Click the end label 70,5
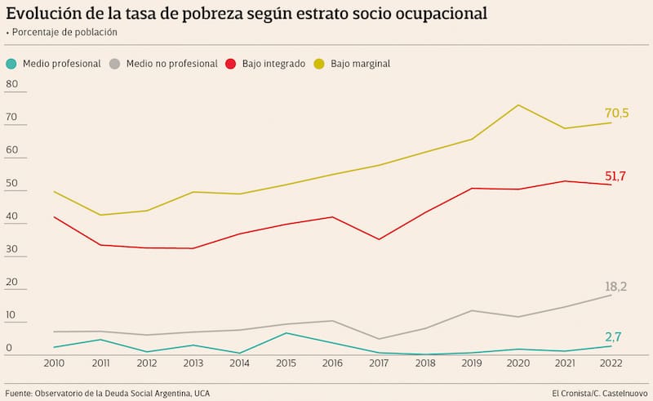pyautogui.click(x=616, y=114)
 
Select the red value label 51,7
pyautogui.click(x=616, y=176)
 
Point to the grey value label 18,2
pyautogui.click(x=616, y=287)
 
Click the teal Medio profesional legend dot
pyautogui.click(x=11, y=63)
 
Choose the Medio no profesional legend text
pyautogui.click(x=171, y=63)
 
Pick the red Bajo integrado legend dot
pyautogui.click(x=231, y=63)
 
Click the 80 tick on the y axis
pyautogui.click(x=11, y=84)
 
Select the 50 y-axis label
pyautogui.click(x=11, y=183)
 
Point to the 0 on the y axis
pyautogui.click(x=9, y=348)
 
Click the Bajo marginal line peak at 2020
pyautogui.click(x=518, y=105)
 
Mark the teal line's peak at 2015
pyautogui.click(x=286, y=332)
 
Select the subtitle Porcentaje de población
pyautogui.click(x=64, y=32)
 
